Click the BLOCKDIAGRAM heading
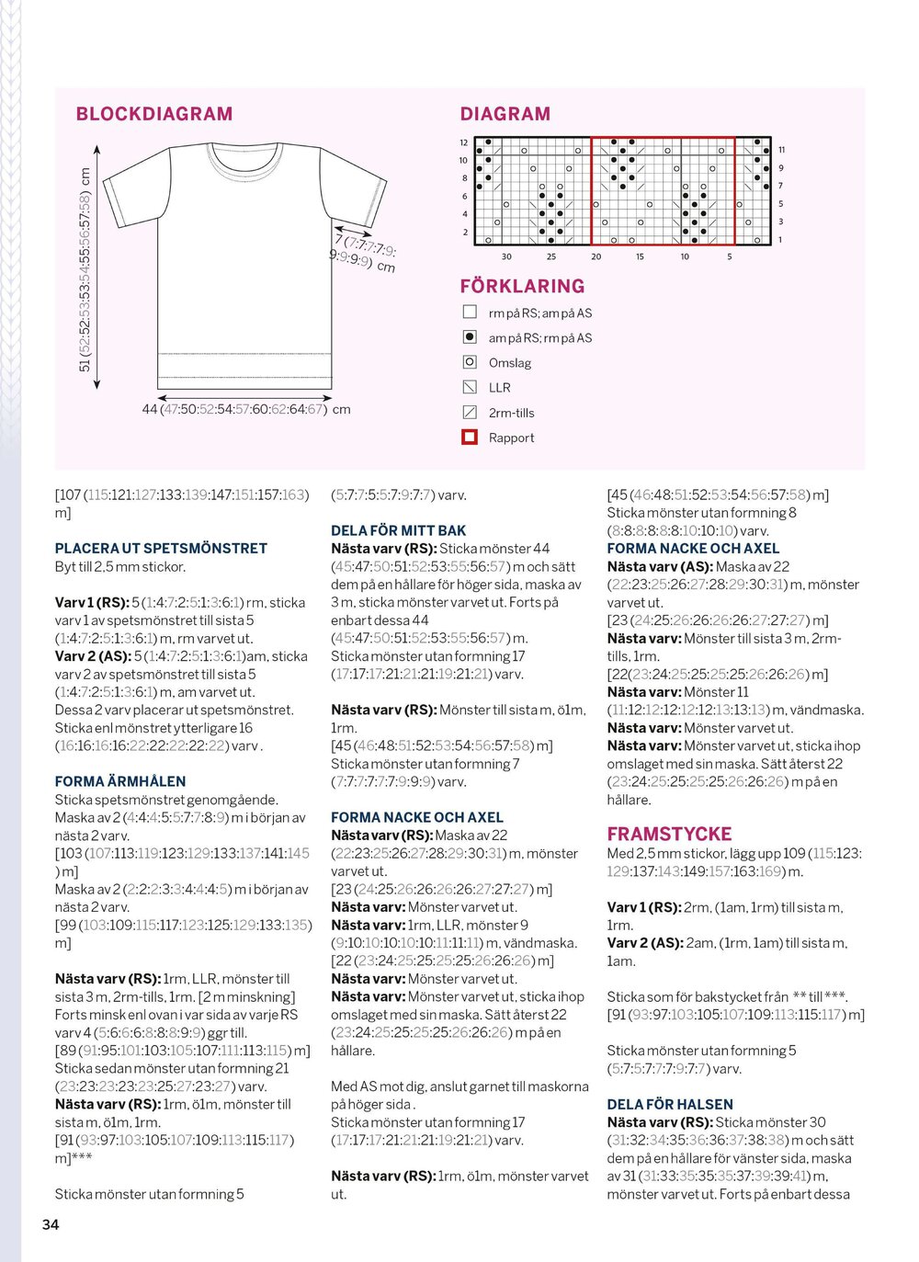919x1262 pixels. pyautogui.click(x=153, y=114)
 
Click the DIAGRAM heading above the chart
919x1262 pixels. pyautogui.click(x=505, y=114)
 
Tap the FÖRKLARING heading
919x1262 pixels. pyautogui.click(x=522, y=286)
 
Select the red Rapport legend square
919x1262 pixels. pyautogui.click(x=470, y=438)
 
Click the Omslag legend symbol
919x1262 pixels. pyautogui.click(x=470, y=362)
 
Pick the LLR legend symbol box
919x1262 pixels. pyautogui.click(x=470, y=387)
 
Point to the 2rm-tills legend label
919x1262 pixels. pyautogui.click(x=511, y=413)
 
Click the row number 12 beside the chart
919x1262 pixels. pyautogui.click(x=464, y=142)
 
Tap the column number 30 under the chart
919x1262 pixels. pyautogui.click(x=506, y=256)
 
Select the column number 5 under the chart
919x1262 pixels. pyautogui.click(x=730, y=256)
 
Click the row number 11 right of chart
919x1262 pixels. pyautogui.click(x=781, y=150)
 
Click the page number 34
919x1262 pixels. pyautogui.click(x=51, y=1224)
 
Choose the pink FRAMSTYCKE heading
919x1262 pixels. pyautogui.click(x=669, y=834)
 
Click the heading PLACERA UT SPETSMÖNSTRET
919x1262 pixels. pyautogui.click(x=161, y=548)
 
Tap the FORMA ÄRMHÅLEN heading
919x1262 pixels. pyautogui.click(x=120, y=781)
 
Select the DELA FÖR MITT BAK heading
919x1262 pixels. pyautogui.click(x=398, y=530)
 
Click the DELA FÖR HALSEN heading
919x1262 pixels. pyautogui.click(x=670, y=1104)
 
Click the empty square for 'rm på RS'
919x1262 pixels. pyautogui.click(x=470, y=313)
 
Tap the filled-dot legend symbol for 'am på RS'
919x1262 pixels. pyautogui.click(x=470, y=337)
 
